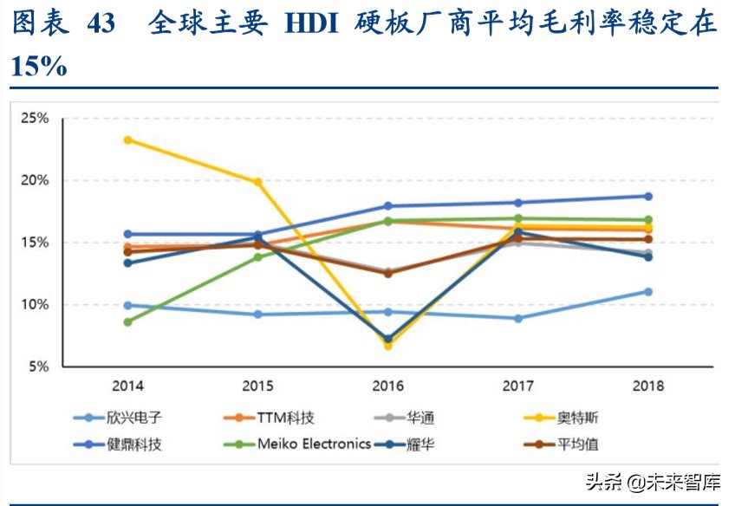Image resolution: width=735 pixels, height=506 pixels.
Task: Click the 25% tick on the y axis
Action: coord(36,119)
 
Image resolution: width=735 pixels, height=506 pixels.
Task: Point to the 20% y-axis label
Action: coord(36,181)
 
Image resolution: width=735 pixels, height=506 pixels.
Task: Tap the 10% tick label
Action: coord(36,305)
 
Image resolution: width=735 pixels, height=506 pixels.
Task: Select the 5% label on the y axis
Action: coord(39,367)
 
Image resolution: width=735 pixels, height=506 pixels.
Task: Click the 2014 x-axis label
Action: coord(127,386)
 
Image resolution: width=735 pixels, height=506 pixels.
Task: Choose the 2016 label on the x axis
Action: coord(387,386)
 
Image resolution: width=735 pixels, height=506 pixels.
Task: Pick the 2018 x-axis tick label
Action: coord(647,386)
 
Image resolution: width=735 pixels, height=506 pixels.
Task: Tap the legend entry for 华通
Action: coord(421,418)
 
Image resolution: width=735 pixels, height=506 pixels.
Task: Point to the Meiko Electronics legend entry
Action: coord(313,444)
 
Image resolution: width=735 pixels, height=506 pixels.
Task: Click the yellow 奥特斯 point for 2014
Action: coord(127,139)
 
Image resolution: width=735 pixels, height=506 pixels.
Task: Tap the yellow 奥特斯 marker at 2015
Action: coord(257,182)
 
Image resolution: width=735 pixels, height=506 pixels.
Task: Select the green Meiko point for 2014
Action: coord(127,321)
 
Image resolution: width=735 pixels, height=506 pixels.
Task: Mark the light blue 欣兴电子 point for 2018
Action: coord(647,292)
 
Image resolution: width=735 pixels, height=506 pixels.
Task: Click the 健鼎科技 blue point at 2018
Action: coord(647,196)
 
